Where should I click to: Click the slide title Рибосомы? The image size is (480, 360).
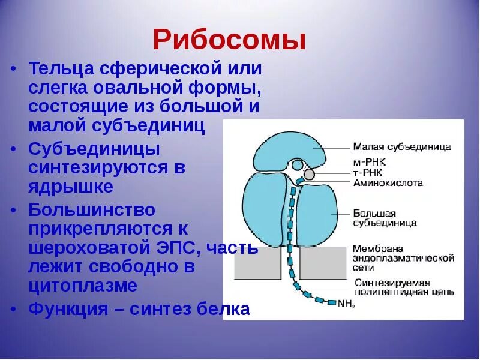coord(229,40)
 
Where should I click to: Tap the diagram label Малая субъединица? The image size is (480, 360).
coord(401,146)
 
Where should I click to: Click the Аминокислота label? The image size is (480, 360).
coord(387,182)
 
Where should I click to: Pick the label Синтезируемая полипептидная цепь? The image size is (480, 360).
coord(403,287)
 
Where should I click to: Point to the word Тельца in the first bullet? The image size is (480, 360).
coord(57,68)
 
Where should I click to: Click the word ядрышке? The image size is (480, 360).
coord(71,187)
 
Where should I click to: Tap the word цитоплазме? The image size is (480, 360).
coord(83,286)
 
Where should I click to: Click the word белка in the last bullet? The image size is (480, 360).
coord(223,310)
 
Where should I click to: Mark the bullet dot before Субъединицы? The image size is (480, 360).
coord(14,146)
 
